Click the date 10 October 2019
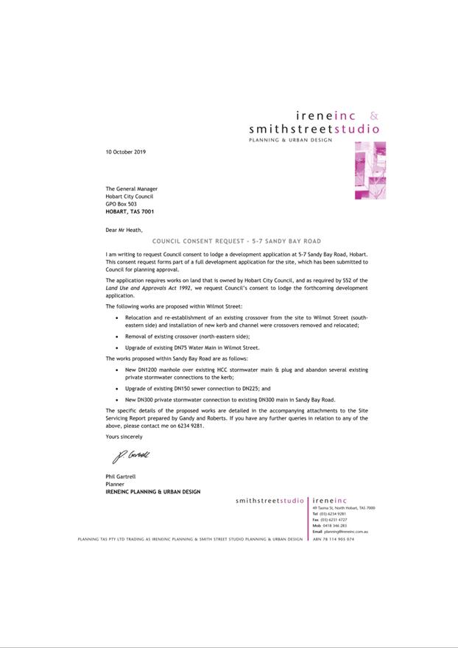[126, 152]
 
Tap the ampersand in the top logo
[374, 116]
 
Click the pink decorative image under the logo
[370, 170]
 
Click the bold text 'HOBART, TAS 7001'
[130, 211]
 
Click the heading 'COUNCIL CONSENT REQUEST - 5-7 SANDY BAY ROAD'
[236, 242]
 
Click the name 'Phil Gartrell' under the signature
[122, 478]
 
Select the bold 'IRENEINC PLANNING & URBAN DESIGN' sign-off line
[152, 492]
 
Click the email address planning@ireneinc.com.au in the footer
[345, 531]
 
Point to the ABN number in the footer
[334, 539]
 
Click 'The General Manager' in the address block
[131, 189]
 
